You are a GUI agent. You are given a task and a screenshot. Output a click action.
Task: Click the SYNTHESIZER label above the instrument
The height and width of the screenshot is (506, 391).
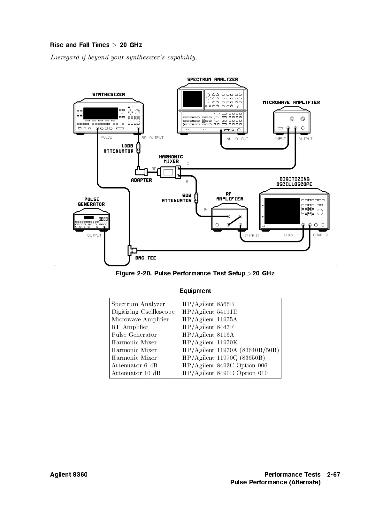coord(109,95)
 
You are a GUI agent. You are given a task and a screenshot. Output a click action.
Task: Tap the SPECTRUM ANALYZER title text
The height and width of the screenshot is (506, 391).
coord(212,80)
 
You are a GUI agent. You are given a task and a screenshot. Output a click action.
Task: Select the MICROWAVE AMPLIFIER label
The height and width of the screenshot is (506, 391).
coord(291,103)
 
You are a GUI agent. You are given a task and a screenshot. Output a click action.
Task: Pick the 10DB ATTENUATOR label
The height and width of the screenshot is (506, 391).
coord(119,149)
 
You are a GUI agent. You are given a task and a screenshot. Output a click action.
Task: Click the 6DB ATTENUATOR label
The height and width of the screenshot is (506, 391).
coord(177,198)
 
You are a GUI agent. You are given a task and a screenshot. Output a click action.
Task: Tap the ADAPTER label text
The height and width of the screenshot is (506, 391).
coord(142,180)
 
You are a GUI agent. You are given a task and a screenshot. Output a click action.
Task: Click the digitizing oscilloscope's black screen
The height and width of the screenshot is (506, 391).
coord(282,211)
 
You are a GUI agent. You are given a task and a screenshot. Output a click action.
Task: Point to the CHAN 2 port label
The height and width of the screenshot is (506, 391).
coord(320,235)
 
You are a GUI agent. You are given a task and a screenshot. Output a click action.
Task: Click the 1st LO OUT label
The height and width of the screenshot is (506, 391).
coord(236,139)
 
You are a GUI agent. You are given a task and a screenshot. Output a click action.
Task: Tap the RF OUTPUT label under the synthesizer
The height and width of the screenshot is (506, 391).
coord(152,138)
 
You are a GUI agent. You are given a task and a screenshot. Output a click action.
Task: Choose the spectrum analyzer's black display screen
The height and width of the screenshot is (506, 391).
coord(192,99)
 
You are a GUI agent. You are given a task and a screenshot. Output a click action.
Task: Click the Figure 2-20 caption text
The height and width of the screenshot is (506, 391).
coord(195,273)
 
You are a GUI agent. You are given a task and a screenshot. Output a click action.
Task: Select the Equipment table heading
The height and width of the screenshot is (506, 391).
coord(195,291)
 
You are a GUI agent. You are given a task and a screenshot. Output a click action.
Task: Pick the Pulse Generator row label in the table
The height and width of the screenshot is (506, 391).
coord(134,335)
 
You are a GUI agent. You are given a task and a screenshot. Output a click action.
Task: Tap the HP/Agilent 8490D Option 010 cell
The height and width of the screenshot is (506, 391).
coord(225,373)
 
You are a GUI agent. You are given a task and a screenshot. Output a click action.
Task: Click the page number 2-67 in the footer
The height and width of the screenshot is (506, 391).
coord(333,474)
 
